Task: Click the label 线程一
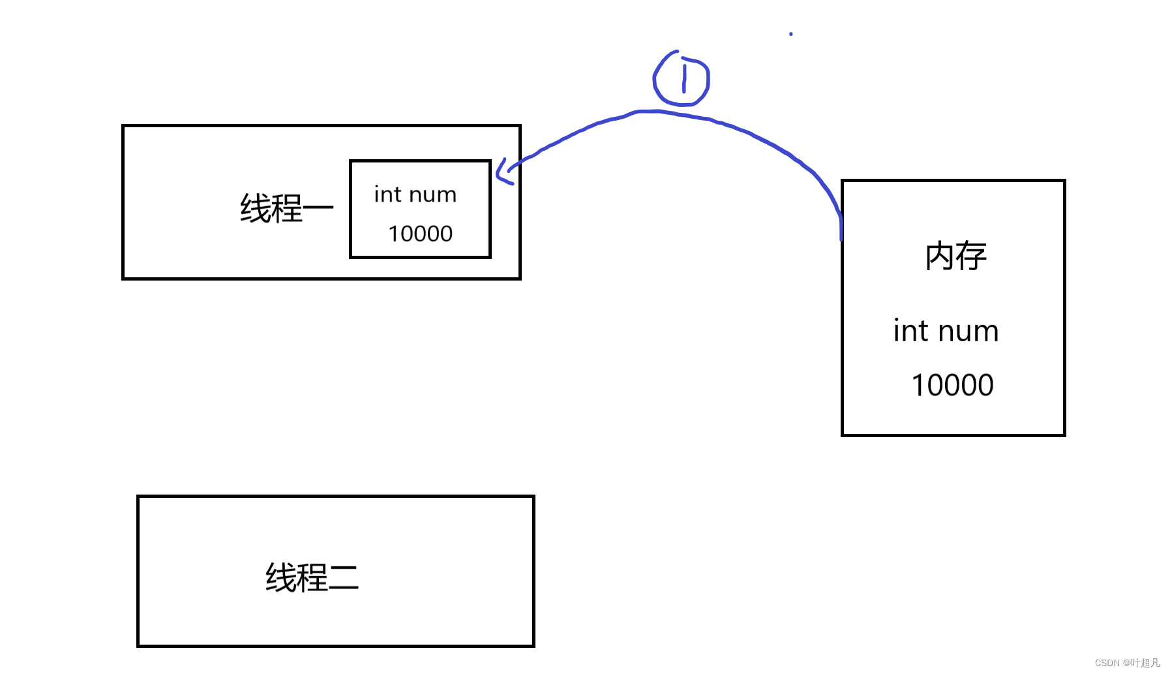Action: point(286,209)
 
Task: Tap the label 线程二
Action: point(312,577)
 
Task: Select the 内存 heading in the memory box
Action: point(955,256)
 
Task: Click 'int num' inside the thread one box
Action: point(415,194)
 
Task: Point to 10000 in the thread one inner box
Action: point(420,234)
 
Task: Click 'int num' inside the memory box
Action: point(946,331)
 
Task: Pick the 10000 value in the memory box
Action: point(952,385)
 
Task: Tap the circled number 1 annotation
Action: point(682,79)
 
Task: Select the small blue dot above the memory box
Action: point(790,34)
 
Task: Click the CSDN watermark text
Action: point(1127,663)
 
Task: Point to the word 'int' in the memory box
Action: point(910,331)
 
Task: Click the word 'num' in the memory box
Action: point(968,332)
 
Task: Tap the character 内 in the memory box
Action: point(940,256)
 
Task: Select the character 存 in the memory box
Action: point(972,256)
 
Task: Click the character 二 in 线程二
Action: point(344,578)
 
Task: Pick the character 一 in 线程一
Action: point(318,209)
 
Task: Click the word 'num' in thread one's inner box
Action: point(433,195)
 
